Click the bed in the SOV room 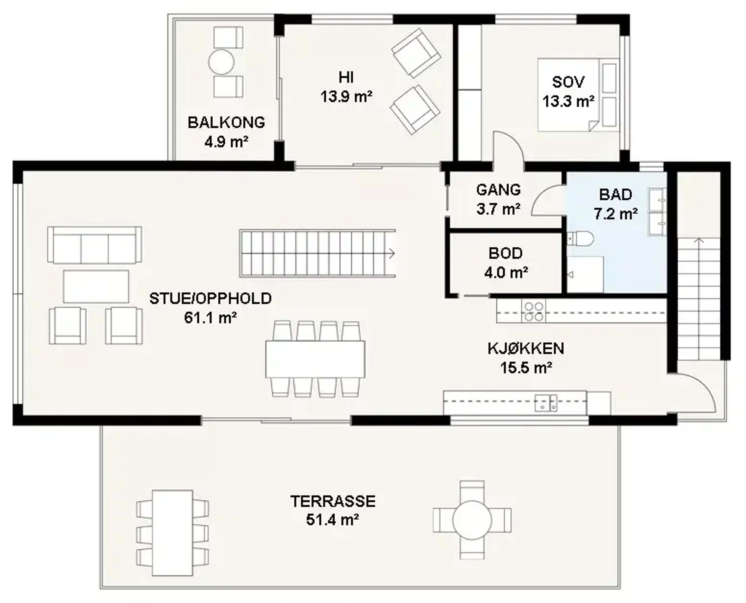coord(578,95)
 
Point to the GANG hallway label coord(498,190)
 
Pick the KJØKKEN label coord(526,348)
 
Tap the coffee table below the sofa coord(96,286)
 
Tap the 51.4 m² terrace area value coord(332,520)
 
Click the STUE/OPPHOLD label coord(210,299)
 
